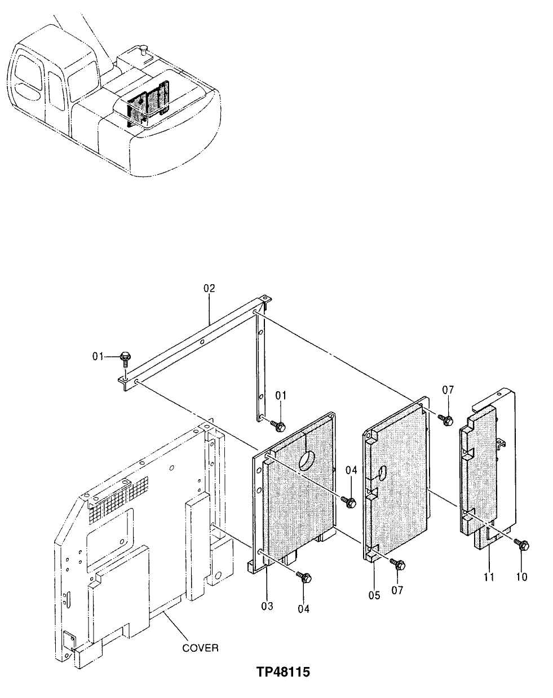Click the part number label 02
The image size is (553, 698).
[x=209, y=288]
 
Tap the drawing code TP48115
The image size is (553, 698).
[x=284, y=672]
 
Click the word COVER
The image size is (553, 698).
[x=200, y=648]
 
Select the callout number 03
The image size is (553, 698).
[x=267, y=606]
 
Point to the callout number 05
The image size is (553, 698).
[x=374, y=594]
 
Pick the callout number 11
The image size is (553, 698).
[x=488, y=577]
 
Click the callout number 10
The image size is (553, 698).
[x=521, y=577]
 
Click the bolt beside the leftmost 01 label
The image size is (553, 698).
[x=125, y=357]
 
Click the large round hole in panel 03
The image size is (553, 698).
[x=308, y=460]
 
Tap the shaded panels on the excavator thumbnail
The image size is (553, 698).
[x=146, y=104]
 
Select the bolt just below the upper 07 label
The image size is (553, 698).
[x=447, y=420]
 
